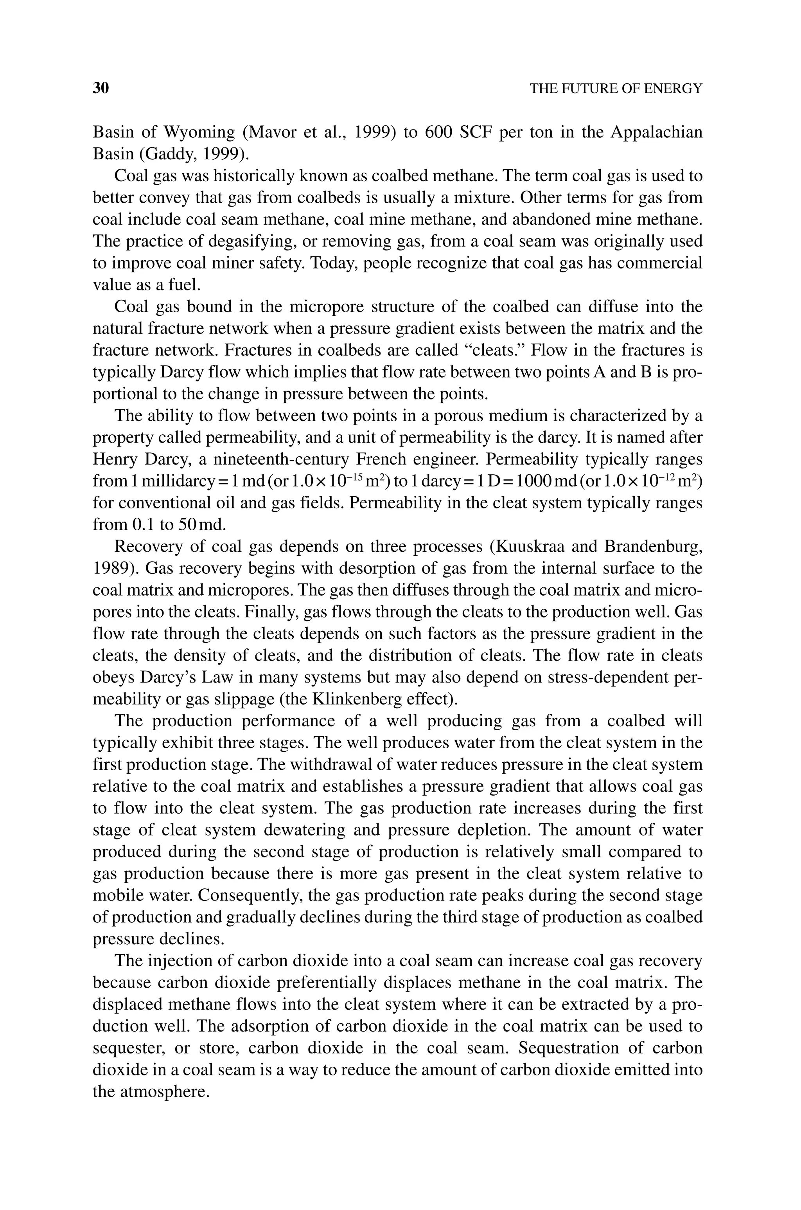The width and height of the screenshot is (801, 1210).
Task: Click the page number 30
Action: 101,88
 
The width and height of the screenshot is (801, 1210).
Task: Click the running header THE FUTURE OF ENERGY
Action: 616,89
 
